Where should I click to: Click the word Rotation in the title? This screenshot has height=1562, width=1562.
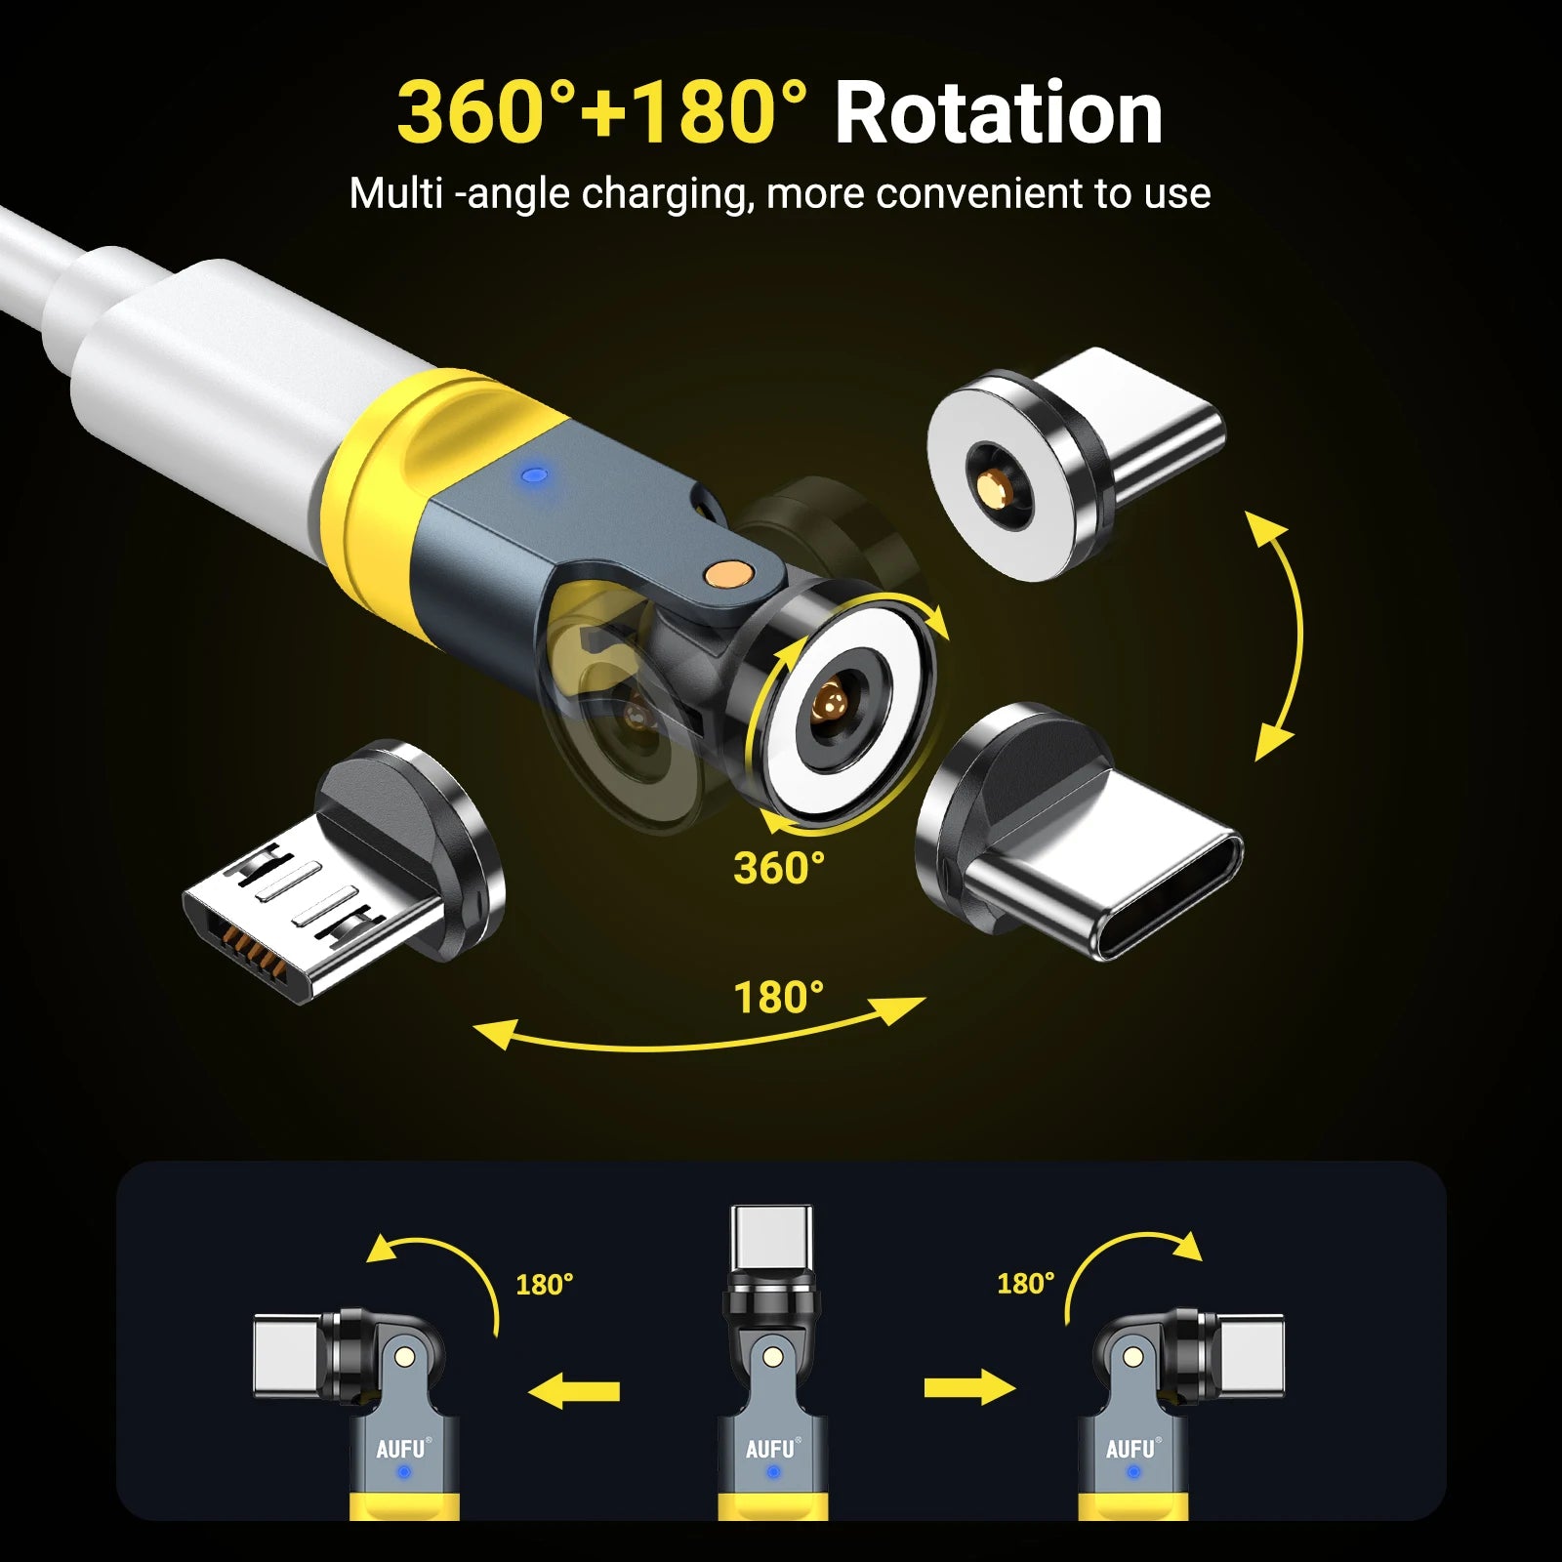(998, 113)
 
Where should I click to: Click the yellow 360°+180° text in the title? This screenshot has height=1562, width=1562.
(602, 113)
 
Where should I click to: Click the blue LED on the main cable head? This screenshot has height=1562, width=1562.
(532, 476)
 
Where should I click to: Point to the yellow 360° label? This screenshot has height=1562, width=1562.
(779, 868)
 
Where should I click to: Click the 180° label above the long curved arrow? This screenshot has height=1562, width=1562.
(778, 998)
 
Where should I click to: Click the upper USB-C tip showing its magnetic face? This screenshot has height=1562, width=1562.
(1074, 463)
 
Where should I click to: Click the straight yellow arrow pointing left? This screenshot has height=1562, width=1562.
(574, 1390)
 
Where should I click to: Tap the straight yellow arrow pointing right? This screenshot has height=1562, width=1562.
(970, 1386)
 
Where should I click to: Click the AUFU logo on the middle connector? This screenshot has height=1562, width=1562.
(771, 1449)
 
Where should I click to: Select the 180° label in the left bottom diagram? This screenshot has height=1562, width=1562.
(544, 1284)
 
